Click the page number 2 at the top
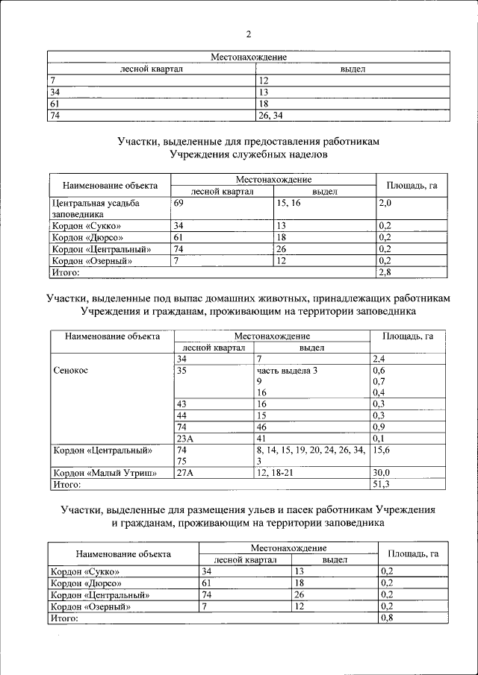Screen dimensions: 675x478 pyautogui.click(x=249, y=34)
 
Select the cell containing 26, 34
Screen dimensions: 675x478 pyautogui.click(x=270, y=116)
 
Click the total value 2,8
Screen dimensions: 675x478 pyautogui.click(x=386, y=273)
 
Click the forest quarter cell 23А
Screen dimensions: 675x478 pyautogui.click(x=184, y=438)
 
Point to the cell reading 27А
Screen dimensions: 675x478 pyautogui.click(x=184, y=472)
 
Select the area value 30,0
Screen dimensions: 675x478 pyautogui.click(x=382, y=472)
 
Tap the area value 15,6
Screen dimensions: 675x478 pyautogui.click(x=382, y=450)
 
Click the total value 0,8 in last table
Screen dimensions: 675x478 pyautogui.click(x=387, y=618)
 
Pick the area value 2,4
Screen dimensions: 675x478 pyautogui.click(x=379, y=359)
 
